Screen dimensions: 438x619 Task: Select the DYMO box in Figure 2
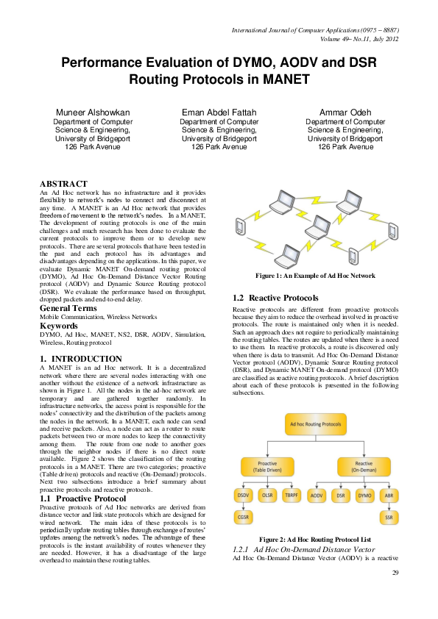pyautogui.click(x=366, y=497)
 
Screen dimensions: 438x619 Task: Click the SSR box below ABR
pyautogui.click(x=390, y=518)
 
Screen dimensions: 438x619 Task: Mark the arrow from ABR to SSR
pyautogui.click(x=390, y=508)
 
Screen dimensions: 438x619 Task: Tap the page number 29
pyautogui.click(x=395, y=573)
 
